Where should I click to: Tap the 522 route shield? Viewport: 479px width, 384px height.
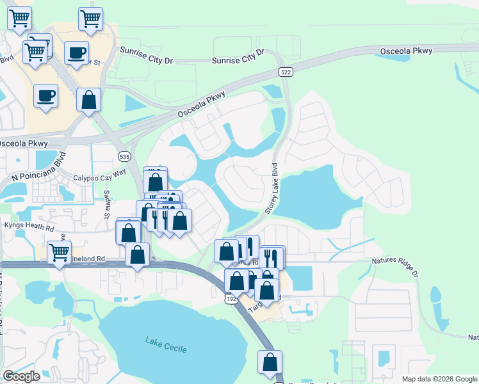(286, 72)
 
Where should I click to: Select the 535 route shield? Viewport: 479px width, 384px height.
(125, 156)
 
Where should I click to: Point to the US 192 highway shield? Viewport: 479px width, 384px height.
(230, 298)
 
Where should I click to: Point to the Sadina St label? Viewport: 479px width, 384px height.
(108, 204)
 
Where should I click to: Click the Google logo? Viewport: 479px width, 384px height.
(21, 376)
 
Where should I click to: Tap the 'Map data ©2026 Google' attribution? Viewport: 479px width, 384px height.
(439, 379)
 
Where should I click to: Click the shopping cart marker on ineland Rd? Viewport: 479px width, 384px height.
(59, 253)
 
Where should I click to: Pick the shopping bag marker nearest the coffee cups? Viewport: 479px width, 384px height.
(88, 100)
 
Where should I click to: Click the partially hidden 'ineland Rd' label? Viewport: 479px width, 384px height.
(93, 260)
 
